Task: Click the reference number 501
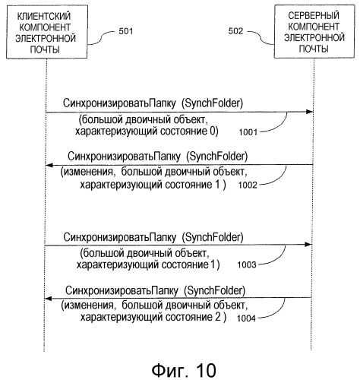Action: point(126,31)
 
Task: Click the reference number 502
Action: point(235,31)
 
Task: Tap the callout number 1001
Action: point(248,132)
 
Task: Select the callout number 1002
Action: point(248,185)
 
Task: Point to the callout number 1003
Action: point(247,264)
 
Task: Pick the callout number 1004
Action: point(246,318)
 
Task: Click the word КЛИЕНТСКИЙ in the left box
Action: point(44,16)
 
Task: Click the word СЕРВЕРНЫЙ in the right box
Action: point(314,16)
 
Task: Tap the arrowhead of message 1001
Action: point(309,112)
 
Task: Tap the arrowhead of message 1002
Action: point(49,165)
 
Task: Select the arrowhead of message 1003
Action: point(308,245)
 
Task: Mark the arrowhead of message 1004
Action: point(48,299)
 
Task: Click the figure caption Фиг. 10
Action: point(184,370)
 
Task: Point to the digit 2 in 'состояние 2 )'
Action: point(218,317)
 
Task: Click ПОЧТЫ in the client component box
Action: point(45,49)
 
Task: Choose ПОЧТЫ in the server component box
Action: point(314,49)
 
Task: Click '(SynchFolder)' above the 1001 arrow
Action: point(212,103)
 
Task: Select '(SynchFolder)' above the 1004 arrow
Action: point(215,290)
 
